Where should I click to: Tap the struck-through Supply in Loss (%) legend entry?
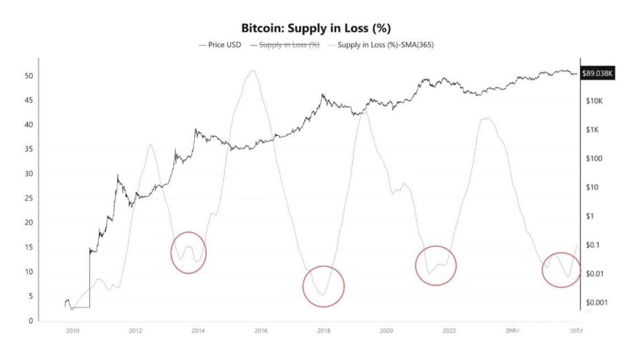[285, 45]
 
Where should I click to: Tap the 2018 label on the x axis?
[323, 330]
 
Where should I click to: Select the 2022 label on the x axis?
[449, 330]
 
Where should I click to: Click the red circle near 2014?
[188, 252]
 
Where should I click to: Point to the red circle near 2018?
[323, 286]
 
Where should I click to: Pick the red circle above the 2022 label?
[436, 266]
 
